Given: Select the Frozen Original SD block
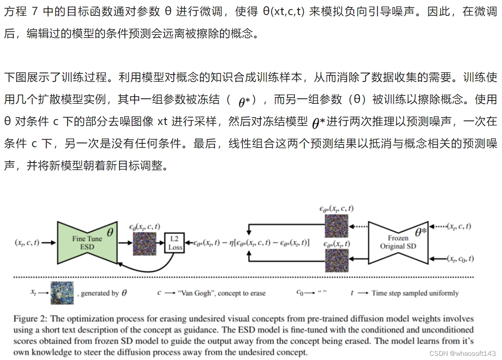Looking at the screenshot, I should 398,242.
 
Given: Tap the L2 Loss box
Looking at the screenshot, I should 175,242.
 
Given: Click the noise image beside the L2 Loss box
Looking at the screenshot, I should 145,244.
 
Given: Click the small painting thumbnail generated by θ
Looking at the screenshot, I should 62,293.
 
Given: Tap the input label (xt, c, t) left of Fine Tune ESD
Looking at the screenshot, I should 27,242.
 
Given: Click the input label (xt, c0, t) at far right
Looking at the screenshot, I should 460,259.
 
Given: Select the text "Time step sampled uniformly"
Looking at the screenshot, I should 415,293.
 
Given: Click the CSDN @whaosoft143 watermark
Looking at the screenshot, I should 466,353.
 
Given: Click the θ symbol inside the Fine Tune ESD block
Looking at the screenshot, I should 110,232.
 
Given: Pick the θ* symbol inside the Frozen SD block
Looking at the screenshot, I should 420,232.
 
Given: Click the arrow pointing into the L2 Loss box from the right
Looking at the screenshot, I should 189,242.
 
